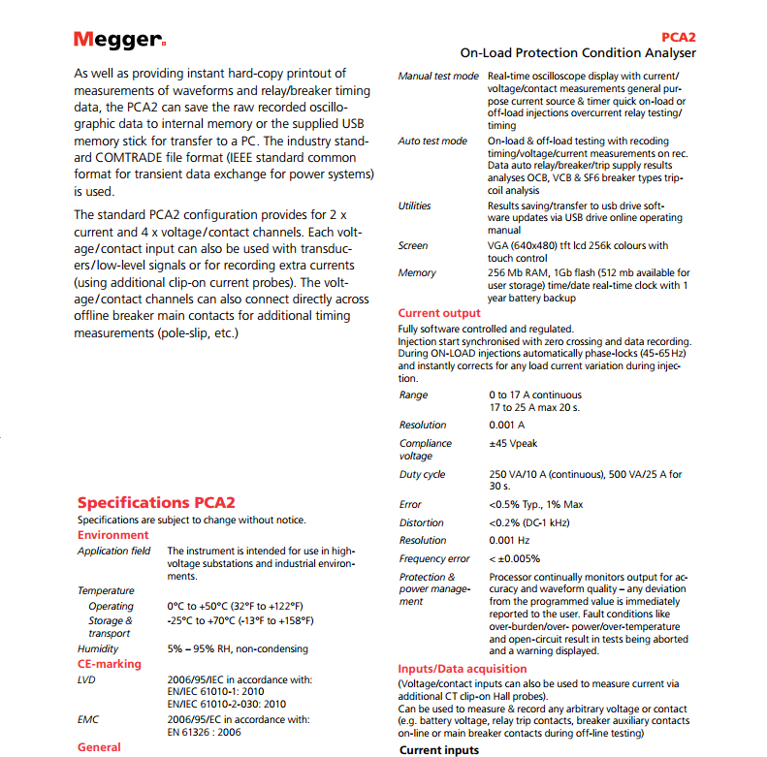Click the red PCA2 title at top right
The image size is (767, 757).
(678, 36)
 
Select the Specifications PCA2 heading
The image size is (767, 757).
(155, 502)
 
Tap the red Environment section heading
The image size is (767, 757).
(113, 535)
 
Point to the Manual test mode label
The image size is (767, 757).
(438, 76)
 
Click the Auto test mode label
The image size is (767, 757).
(432, 141)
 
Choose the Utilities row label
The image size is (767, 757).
(415, 205)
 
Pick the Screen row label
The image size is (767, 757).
(413, 246)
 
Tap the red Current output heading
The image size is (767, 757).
(439, 313)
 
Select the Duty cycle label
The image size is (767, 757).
(423, 475)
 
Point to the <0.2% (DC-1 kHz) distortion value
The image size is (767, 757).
(535, 522)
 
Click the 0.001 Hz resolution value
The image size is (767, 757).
(509, 540)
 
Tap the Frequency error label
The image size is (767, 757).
(434, 558)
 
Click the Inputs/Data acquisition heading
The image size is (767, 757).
(463, 669)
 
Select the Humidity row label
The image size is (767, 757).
(98, 648)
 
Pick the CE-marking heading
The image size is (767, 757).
(110, 664)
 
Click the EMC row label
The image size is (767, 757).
(88, 719)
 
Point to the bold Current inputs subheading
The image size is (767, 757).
(439, 750)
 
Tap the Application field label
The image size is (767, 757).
(114, 551)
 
